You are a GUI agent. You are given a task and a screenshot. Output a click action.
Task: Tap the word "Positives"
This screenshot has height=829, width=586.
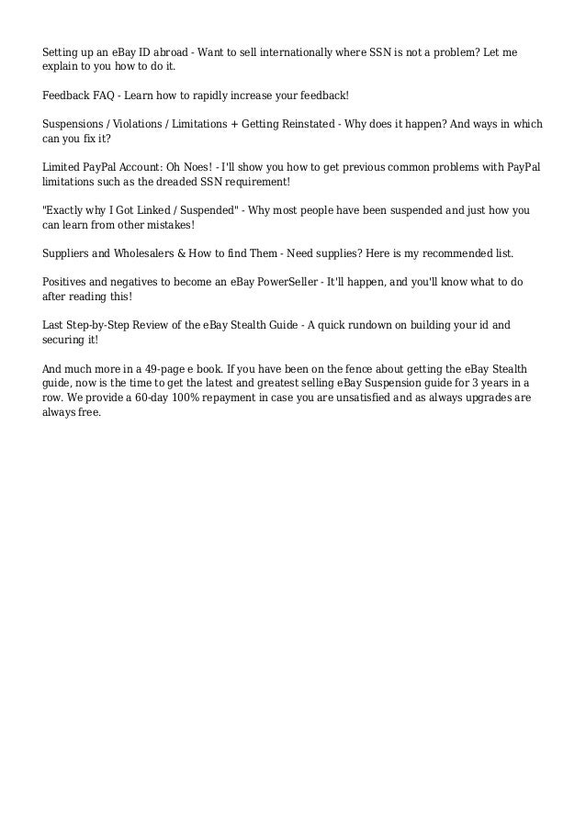(x=67, y=280)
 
